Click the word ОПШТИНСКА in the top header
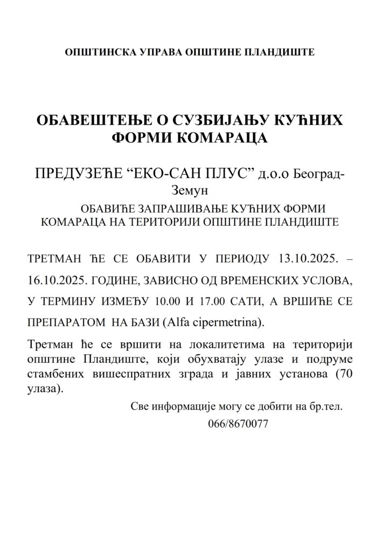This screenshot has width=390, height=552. (x=94, y=53)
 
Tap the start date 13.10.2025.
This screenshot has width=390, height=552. (x=305, y=259)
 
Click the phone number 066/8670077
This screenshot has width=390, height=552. (x=238, y=424)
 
